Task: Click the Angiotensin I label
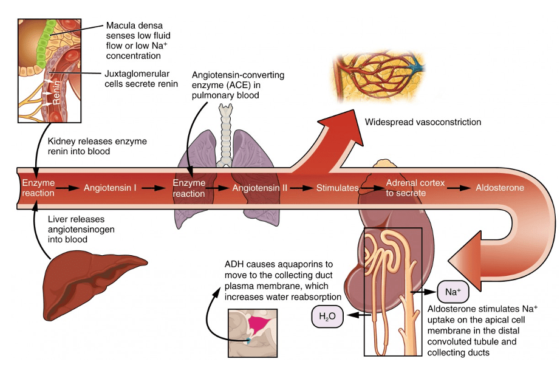110,188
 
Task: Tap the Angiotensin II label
259,188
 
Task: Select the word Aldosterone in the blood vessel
500,188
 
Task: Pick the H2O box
327,316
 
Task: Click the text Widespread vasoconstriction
423,122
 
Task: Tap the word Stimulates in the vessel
337,188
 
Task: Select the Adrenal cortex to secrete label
415,188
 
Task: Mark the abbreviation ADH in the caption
234,264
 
